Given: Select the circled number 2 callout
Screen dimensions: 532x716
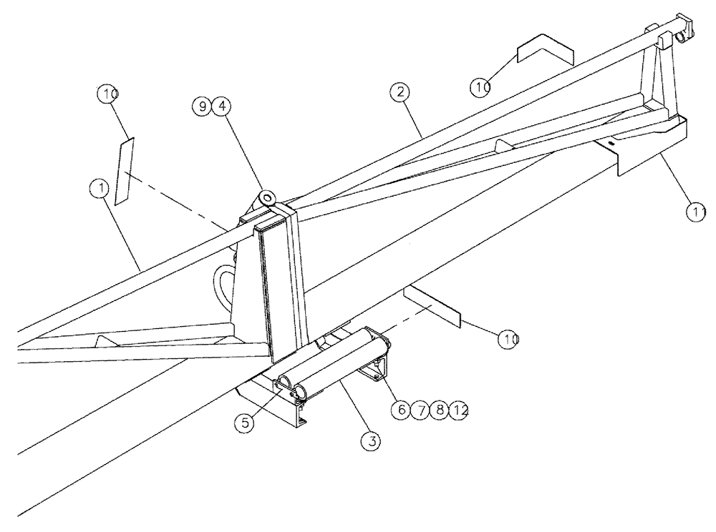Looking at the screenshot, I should [x=400, y=92].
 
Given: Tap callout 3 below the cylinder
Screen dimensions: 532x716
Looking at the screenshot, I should [x=370, y=441].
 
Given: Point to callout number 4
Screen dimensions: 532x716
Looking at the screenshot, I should [x=222, y=106].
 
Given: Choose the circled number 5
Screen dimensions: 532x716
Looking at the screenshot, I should [x=246, y=422].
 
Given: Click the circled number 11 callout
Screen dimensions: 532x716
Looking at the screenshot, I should [x=694, y=212].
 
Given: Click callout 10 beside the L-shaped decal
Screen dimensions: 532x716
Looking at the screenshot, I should [x=480, y=87].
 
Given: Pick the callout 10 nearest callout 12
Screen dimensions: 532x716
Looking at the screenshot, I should [x=508, y=338].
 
